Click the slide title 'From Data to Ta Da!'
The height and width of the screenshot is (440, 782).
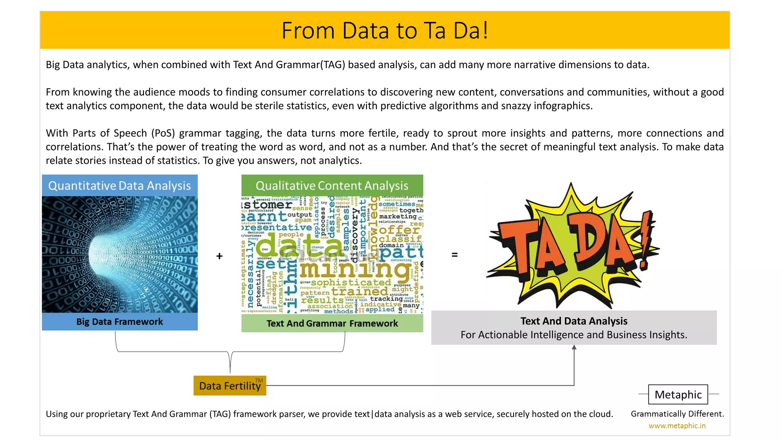[x=385, y=31]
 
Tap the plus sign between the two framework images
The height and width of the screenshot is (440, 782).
[x=219, y=256]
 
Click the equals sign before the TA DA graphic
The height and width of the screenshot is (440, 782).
[x=454, y=254]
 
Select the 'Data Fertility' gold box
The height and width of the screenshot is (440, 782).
[x=229, y=386]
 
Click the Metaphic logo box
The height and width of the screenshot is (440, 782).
[x=678, y=395]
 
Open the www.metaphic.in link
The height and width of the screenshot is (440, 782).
[x=677, y=426]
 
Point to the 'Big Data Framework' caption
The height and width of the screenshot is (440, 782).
[x=120, y=322]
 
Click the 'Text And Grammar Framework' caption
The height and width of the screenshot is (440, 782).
[x=332, y=324]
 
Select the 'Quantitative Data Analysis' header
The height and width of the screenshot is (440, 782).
[x=120, y=186]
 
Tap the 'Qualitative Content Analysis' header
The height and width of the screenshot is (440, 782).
[x=332, y=186]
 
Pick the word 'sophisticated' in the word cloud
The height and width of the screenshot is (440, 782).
[x=351, y=283]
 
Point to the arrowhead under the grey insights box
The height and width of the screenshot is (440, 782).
[x=574, y=347]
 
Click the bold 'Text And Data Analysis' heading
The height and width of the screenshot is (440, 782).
[x=574, y=321]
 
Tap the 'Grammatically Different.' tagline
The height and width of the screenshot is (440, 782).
[x=677, y=414]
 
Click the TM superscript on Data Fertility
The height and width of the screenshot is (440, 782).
[x=259, y=380]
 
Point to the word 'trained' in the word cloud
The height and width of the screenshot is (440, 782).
[x=359, y=292]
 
